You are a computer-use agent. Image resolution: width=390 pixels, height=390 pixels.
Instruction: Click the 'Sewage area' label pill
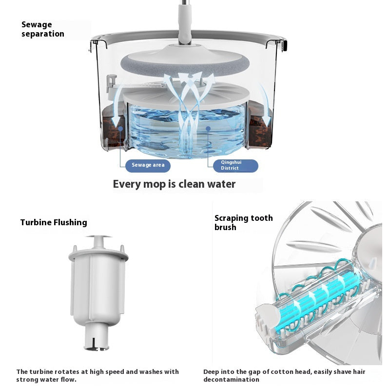point(148,165)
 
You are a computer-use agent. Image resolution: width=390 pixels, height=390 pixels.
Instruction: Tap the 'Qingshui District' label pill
point(235,166)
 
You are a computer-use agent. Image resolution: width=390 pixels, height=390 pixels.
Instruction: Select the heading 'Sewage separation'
point(43,29)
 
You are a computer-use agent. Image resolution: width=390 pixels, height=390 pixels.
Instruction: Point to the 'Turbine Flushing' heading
point(54,222)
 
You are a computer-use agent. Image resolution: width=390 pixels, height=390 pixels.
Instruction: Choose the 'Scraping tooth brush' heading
point(243,222)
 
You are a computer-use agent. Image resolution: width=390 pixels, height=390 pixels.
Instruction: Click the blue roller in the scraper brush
point(317,297)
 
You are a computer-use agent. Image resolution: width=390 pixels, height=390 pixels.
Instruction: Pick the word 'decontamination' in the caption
point(231,379)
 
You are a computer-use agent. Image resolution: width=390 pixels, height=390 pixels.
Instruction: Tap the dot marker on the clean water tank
point(208,129)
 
